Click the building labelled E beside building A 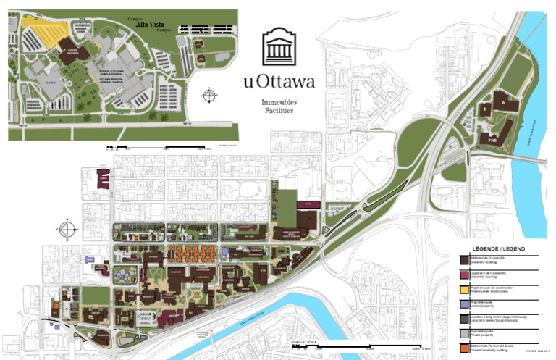point(483,109)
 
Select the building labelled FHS point(493,137)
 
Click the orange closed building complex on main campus point(191,254)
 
